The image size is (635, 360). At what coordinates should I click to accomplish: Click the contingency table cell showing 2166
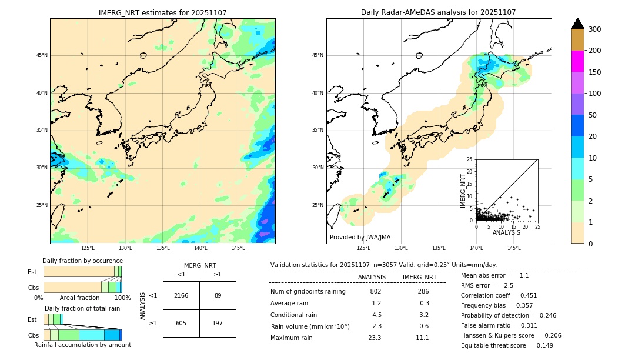point(181,295)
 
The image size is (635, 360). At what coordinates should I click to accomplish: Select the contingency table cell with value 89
point(218,295)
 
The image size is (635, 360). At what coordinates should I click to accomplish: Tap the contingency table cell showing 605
point(181,323)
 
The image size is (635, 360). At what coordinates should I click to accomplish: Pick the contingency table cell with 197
point(218,323)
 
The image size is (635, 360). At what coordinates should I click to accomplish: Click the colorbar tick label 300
point(595,29)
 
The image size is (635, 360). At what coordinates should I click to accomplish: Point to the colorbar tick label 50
point(593,115)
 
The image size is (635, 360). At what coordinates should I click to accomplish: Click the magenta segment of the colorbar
point(578,61)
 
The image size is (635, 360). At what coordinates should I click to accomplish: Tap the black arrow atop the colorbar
point(578,24)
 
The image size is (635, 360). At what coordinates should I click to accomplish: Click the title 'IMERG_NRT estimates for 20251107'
point(162,12)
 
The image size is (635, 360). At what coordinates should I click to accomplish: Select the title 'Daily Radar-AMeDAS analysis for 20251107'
point(439,12)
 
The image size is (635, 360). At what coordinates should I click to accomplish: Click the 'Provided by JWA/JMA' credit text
point(360,237)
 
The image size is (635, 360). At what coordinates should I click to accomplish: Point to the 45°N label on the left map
point(42,55)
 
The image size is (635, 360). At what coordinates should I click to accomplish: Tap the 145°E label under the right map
point(514,249)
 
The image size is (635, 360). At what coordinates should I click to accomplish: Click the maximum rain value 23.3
point(375,338)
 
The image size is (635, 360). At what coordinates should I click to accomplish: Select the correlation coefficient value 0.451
point(525,296)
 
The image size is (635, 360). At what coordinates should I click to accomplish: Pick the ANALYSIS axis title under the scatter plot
point(506,232)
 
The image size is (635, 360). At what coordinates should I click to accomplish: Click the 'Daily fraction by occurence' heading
point(82,261)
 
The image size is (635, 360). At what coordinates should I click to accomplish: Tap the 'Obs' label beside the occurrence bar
point(34,288)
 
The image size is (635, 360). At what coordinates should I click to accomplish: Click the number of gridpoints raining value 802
point(376,292)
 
